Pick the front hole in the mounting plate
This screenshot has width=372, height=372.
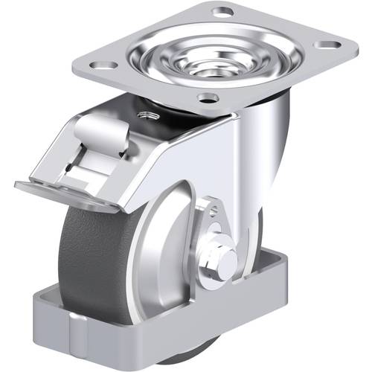[209, 97]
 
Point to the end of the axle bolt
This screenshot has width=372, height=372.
[228, 260]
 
